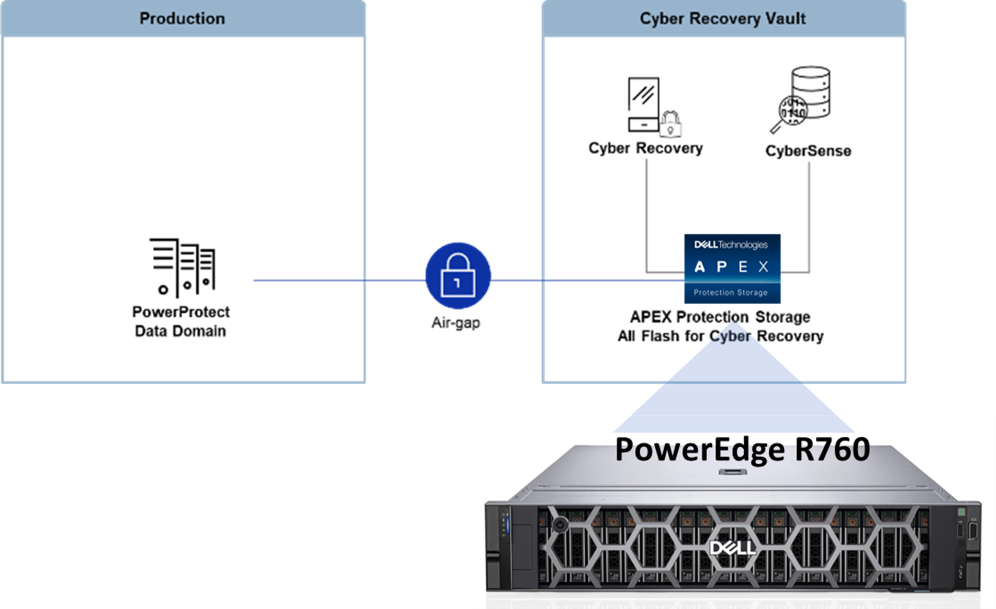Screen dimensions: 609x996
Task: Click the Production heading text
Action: point(182,18)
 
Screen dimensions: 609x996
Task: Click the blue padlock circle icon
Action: point(458,275)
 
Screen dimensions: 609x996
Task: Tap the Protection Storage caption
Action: point(731,293)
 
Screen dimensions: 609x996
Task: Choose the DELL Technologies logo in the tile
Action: point(731,245)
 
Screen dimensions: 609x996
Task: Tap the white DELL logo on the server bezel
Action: point(732,548)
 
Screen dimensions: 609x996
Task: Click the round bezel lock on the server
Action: point(560,524)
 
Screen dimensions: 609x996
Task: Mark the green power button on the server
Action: point(961,512)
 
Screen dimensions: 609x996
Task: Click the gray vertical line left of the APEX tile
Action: point(647,215)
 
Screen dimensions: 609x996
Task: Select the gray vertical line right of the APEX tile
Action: point(809,215)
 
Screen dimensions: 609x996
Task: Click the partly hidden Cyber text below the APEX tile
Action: point(731,337)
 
